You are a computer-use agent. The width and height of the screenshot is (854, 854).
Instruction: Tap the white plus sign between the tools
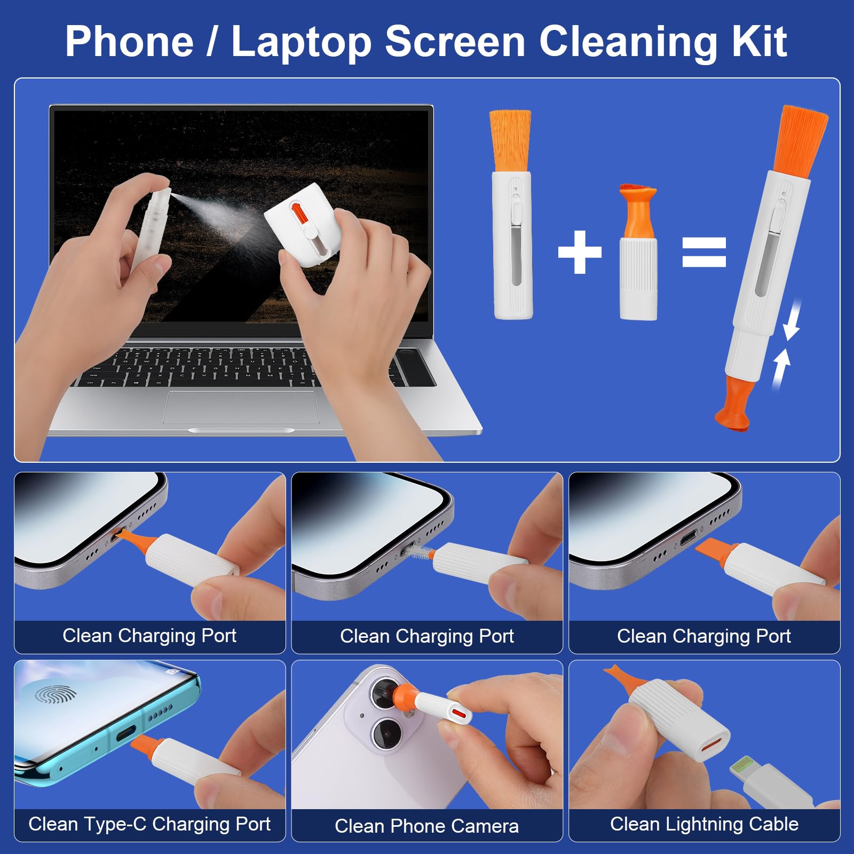pos(580,252)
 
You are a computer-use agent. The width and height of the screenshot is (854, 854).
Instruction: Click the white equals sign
pos(704,252)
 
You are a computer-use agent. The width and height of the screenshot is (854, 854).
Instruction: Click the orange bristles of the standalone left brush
pos(510,140)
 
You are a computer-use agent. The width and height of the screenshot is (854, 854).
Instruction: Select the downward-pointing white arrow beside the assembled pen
pos(793,320)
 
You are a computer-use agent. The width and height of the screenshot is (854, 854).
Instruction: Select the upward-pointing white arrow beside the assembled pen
pos(781,368)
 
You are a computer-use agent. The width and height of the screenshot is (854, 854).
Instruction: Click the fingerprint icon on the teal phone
pos(56,694)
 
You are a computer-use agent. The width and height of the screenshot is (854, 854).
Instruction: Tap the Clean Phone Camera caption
pos(426,826)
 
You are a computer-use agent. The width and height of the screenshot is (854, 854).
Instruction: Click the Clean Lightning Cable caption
pos(704,824)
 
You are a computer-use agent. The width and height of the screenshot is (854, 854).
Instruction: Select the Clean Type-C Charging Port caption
pos(149,824)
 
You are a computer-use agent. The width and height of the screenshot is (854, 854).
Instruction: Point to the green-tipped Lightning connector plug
pos(742,766)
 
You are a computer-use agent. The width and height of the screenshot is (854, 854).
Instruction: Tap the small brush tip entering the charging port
pos(420,553)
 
